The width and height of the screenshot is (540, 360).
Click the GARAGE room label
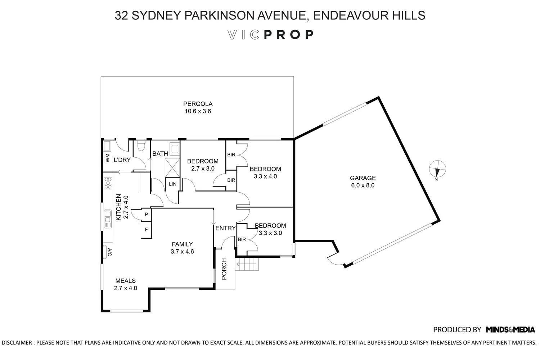click(363, 178)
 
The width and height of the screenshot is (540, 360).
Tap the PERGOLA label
click(198, 104)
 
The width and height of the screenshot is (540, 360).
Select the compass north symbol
click(437, 169)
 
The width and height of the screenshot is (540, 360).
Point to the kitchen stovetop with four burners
click(108, 183)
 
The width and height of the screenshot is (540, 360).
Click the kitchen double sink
click(108, 219)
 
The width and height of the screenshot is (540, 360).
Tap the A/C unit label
click(109, 252)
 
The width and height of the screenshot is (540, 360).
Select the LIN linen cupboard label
click(173, 184)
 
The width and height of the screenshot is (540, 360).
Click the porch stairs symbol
click(248, 266)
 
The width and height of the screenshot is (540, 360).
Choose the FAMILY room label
click(182, 244)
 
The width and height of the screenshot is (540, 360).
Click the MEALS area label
click(125, 281)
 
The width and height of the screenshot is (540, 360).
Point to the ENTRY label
click(225, 228)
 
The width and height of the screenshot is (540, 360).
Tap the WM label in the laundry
click(107, 158)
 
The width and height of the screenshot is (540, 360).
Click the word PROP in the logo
click(289, 35)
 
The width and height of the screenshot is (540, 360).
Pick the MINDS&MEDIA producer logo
click(510, 329)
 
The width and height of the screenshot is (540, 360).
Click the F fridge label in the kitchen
click(146, 229)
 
